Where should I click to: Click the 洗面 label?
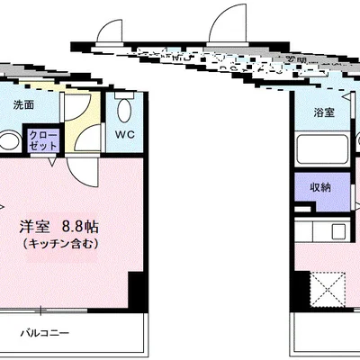(24, 104)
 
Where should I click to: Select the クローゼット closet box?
(44, 140)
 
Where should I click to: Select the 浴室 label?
(324, 112)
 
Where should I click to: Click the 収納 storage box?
(319, 188)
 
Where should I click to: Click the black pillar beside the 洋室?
(136, 290)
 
